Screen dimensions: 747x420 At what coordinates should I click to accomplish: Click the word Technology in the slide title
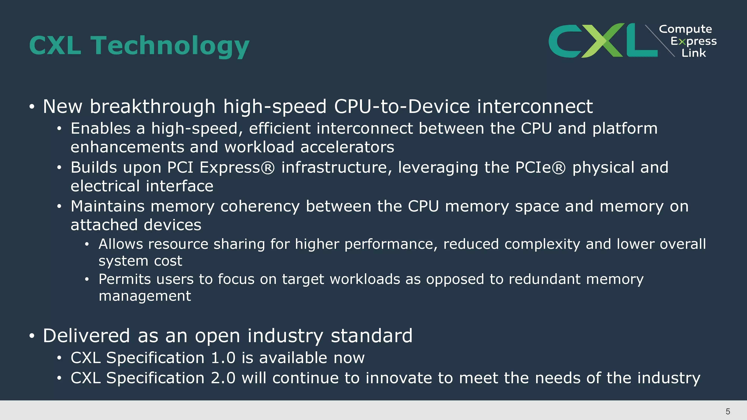170,46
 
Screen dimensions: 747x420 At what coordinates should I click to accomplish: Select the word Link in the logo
694,53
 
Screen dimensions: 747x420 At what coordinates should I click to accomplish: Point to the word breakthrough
153,106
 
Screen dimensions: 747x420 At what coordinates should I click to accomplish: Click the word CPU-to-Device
402,106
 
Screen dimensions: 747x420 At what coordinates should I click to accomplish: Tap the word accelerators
347,147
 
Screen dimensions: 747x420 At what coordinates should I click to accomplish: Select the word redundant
544,279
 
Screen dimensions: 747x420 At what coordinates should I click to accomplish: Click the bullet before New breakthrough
32,107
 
